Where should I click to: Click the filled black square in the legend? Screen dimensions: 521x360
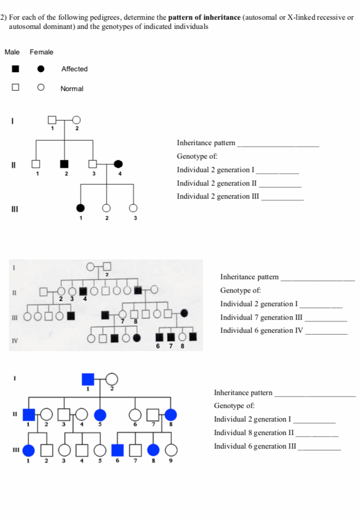pos(16,69)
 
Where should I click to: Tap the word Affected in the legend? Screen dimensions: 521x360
pos(74,69)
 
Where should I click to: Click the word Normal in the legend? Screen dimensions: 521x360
pos(72,89)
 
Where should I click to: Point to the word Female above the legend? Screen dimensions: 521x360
pos(41,52)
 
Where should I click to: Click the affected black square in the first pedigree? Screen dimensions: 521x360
pos(64,164)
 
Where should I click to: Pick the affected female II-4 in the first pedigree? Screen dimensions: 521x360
pos(118,164)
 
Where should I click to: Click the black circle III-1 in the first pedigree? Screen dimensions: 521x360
pos(80,208)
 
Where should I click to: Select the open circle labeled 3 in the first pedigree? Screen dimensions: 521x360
pos(133,208)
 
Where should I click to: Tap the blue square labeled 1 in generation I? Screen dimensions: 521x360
pos(88,379)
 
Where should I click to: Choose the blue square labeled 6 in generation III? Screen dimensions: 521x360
pos(118,450)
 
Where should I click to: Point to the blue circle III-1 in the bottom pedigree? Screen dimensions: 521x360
pos(29,450)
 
